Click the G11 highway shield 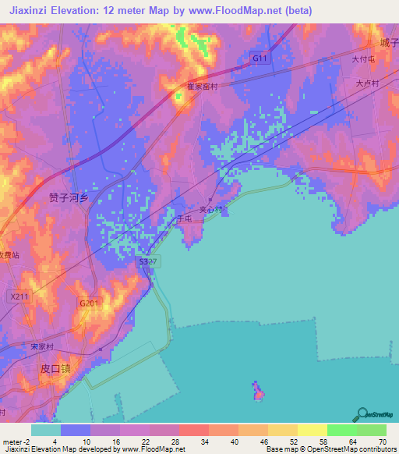pyautogui.click(x=259, y=59)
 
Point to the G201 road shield pyautogui.click(x=88, y=303)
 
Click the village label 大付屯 pyautogui.click(x=363, y=59)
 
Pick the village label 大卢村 pyautogui.click(x=366, y=83)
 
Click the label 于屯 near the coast pyautogui.click(x=184, y=221)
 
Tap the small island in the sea pyautogui.click(x=257, y=391)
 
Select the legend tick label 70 pyautogui.click(x=382, y=442)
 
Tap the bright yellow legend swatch pyautogui.click(x=312, y=430)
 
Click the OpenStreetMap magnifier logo pyautogui.click(x=363, y=414)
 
